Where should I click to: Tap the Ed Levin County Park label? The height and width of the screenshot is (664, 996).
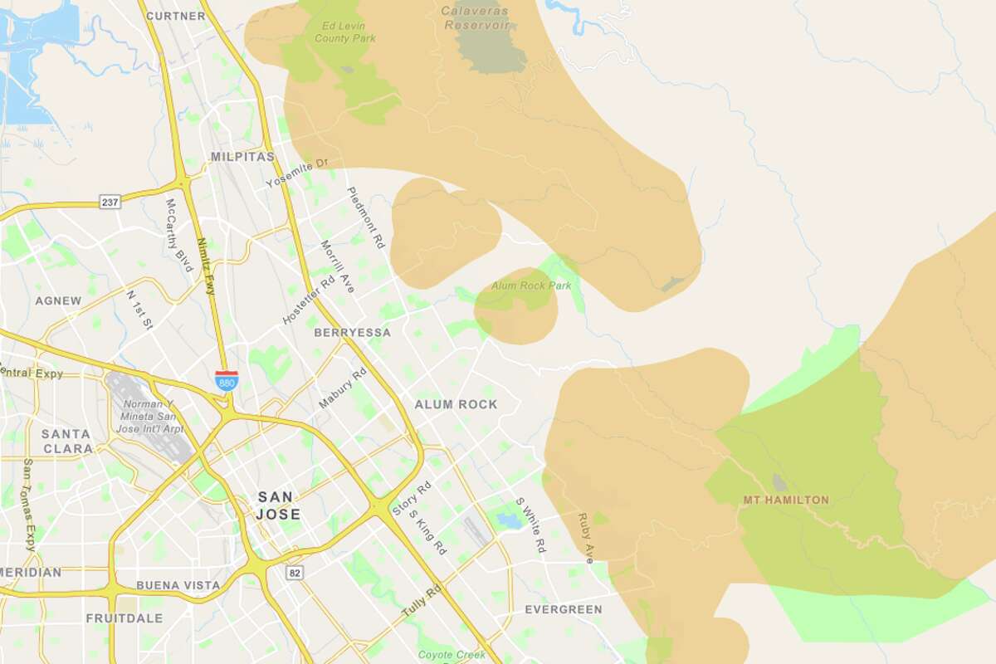point(345,32)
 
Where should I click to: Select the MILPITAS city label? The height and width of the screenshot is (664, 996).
point(242,156)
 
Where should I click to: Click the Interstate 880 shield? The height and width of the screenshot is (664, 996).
point(226,380)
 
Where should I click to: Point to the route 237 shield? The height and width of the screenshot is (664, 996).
point(110,202)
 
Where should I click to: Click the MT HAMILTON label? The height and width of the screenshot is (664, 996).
point(785,500)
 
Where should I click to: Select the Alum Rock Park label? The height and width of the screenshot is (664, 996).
point(531,286)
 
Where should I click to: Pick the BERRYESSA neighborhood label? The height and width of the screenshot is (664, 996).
point(352,332)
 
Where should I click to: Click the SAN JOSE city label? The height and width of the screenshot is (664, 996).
point(279,505)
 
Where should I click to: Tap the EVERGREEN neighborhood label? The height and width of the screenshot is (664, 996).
point(563,609)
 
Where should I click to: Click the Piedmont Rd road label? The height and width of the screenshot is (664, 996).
point(366,217)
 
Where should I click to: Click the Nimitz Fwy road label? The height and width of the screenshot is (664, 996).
point(205,266)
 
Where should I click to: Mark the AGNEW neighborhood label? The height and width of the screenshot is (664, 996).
point(58,300)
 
